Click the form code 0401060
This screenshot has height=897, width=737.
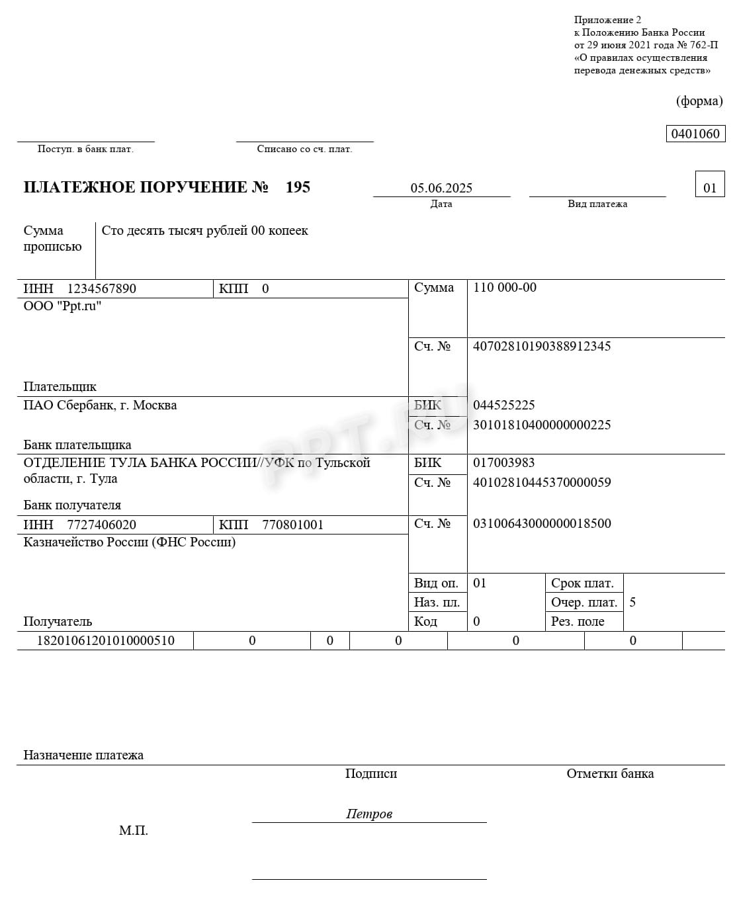pos(695,134)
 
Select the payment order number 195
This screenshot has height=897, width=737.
pos(298,187)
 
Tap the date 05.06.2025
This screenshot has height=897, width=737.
pos(441,188)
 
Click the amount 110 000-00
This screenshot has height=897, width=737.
pos(505,288)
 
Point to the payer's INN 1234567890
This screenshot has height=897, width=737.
pos(101,288)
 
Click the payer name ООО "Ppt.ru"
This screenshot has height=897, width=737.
pos(62,306)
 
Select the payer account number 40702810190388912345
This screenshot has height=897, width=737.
pos(542,346)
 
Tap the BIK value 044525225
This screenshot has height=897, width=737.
pos(503,405)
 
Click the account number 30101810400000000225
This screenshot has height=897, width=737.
pos(542,425)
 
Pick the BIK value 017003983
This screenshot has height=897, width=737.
pos(503,462)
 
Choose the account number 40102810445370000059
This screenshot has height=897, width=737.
pos(542,482)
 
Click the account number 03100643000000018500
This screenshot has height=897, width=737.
pos(542,523)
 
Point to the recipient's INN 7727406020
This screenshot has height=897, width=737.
pos(101,525)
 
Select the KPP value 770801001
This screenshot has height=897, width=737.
pos(292,525)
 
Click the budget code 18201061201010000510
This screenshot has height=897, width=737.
pos(105,640)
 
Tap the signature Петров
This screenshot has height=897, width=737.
pos(368,814)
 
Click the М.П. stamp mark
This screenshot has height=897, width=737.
pos(133,830)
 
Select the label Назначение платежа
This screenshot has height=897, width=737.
pos(83,755)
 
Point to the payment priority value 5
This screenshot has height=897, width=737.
pos(632,602)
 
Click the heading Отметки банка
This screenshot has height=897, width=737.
pos(610,773)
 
